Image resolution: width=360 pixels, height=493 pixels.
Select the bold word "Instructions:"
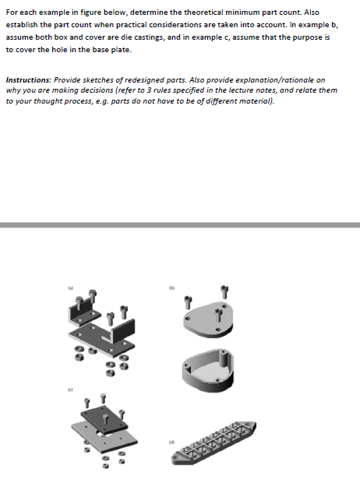pos(28,79)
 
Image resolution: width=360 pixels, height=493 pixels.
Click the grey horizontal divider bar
pos(180,224)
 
